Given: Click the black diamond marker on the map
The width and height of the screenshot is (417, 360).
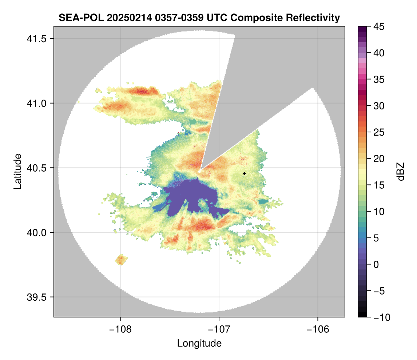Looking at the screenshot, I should [x=245, y=173].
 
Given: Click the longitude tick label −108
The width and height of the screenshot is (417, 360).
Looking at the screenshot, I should [x=120, y=329].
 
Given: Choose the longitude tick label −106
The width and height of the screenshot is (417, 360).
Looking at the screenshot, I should [x=318, y=329].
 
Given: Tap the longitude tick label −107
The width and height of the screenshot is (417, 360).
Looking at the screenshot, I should [x=219, y=329].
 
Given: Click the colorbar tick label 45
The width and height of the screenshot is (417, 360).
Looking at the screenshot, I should [x=380, y=27].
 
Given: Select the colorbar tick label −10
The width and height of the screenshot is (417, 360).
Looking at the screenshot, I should [x=382, y=317].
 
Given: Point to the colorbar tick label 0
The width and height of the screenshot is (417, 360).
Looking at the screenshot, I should [x=378, y=264].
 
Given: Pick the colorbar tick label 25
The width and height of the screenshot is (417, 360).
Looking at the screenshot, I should [x=380, y=132].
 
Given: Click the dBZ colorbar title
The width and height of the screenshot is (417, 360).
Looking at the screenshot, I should [x=401, y=172].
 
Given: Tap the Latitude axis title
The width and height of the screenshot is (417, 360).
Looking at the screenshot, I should [x=18, y=171].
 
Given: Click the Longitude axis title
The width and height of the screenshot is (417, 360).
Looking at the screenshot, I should [x=199, y=343].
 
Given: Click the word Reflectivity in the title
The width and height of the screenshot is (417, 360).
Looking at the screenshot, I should [x=313, y=17].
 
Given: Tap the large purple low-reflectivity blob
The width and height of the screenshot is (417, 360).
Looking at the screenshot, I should [x=189, y=195].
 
